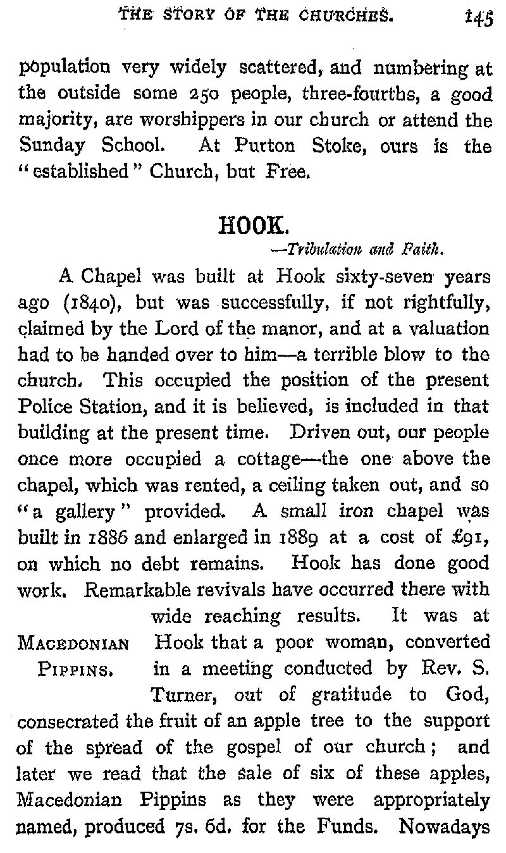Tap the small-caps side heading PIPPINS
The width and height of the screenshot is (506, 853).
74,670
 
